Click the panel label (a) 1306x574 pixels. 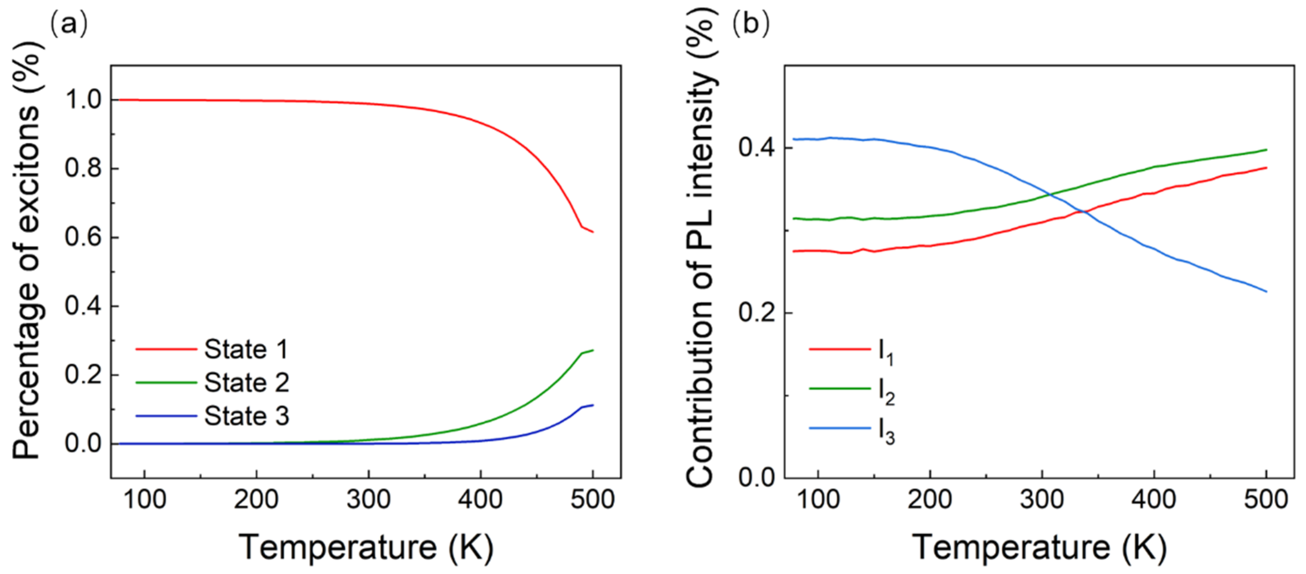(69, 24)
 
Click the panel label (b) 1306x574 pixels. (751, 24)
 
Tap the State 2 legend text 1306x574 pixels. (246, 383)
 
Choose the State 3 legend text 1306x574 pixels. (246, 416)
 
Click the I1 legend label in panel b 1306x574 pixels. (886, 351)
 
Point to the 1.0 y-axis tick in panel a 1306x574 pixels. (84, 100)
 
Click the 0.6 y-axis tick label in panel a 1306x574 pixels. (84, 237)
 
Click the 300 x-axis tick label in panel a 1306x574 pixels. (369, 500)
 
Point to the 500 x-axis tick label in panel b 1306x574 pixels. (1266, 500)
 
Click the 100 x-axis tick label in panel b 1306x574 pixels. (818, 500)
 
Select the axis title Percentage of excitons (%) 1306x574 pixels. (25, 253)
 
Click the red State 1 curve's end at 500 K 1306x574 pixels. (593, 232)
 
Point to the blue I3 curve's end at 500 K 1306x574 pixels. (1266, 291)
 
